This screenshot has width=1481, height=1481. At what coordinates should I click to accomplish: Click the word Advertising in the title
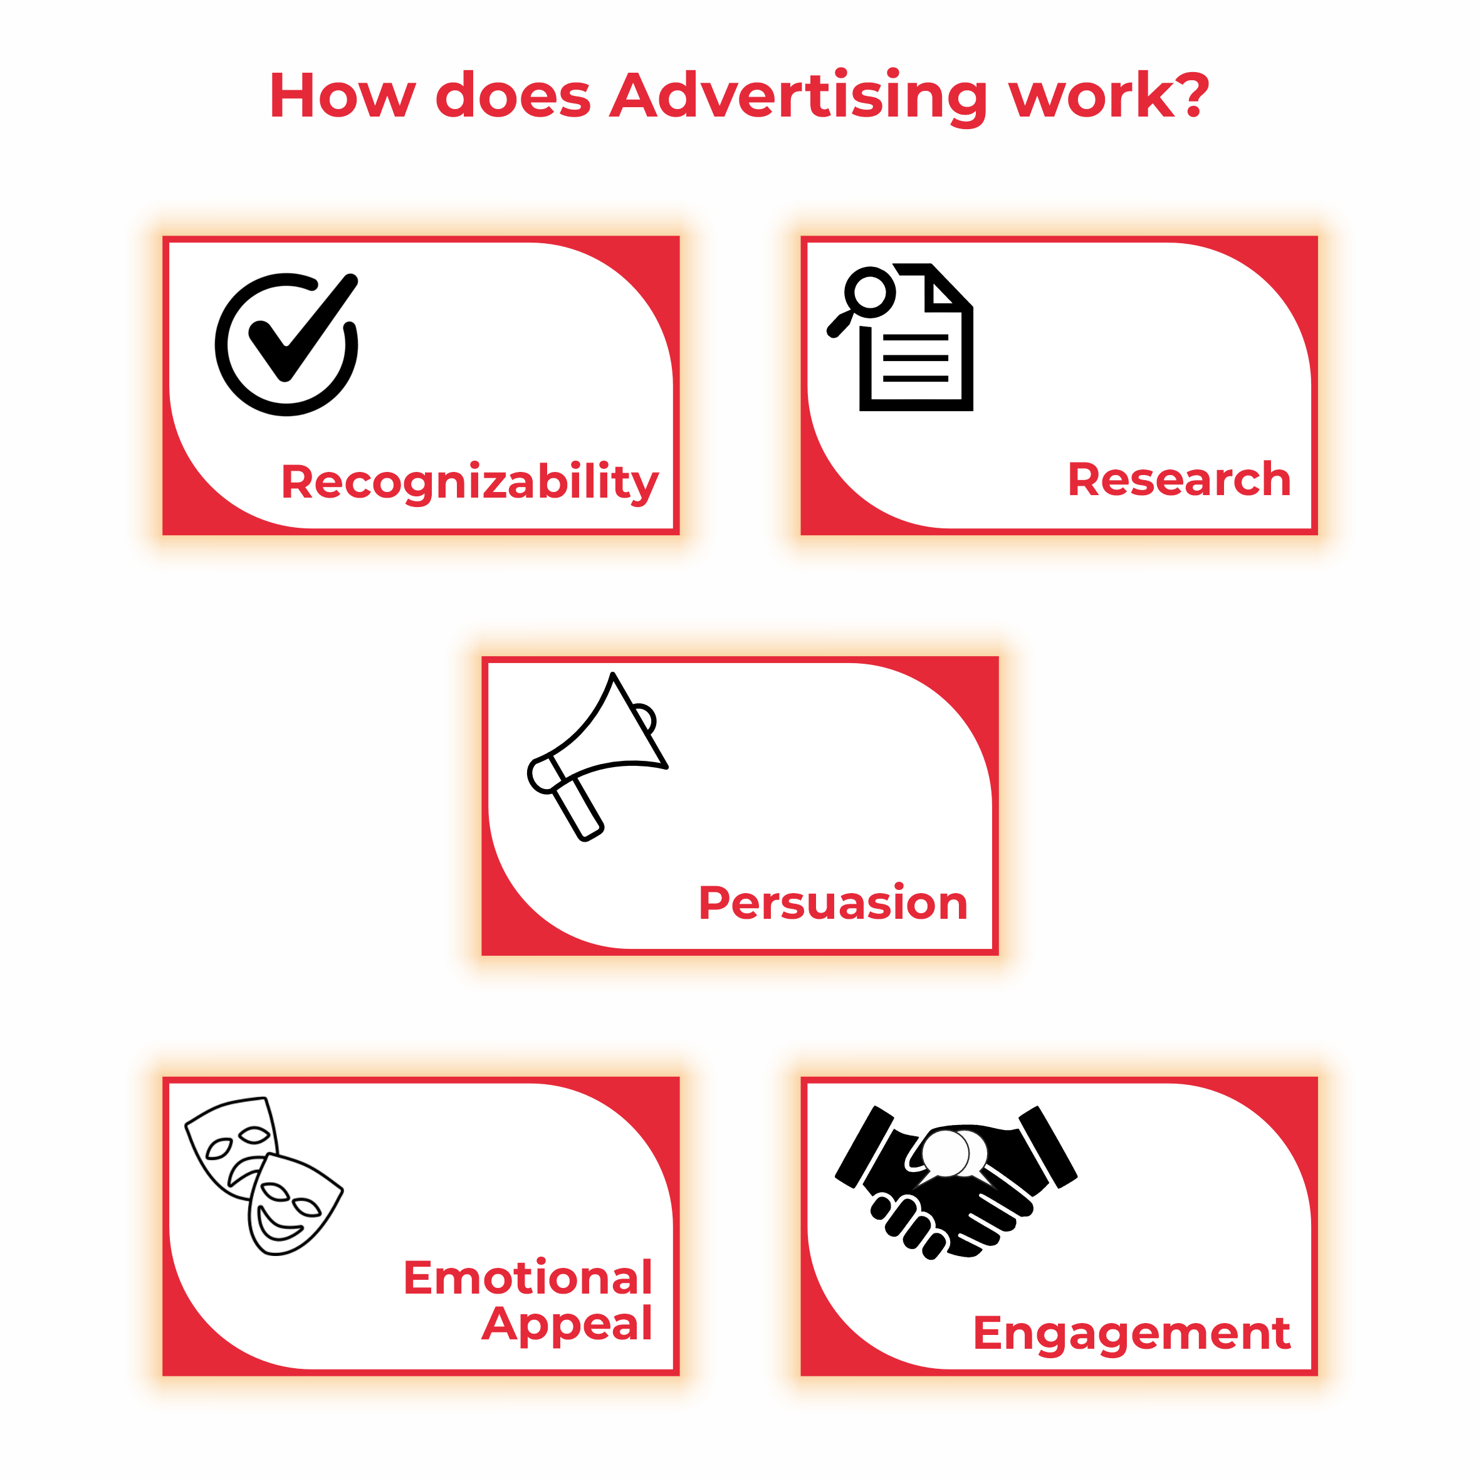[x=798, y=97]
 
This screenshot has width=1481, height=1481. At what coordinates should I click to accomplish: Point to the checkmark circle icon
[x=286, y=344]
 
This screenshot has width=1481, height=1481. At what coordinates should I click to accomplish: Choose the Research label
[x=1179, y=480]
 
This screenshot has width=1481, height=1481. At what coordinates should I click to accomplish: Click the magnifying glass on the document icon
[x=862, y=300]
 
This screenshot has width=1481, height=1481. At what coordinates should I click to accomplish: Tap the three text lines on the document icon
[x=915, y=358]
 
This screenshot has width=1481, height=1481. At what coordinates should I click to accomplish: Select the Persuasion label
[x=833, y=903]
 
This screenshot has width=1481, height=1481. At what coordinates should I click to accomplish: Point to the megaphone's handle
[x=578, y=809]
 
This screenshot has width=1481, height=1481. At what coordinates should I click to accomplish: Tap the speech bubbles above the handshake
[x=954, y=1152]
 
